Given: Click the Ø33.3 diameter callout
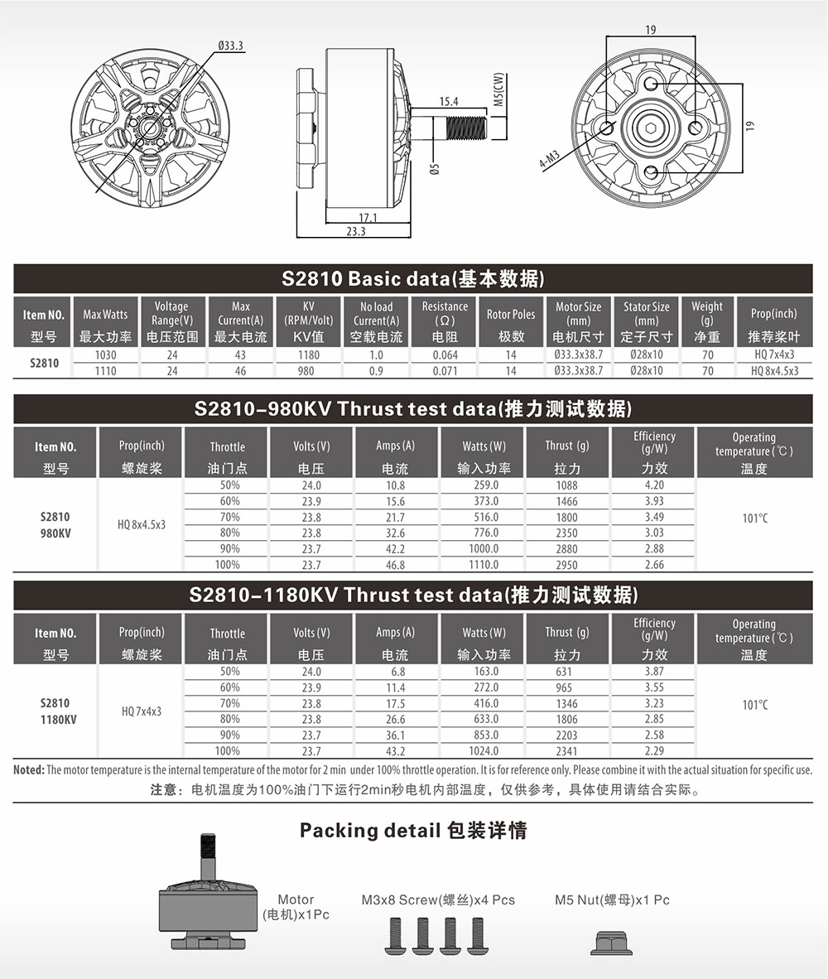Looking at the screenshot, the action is (231, 46).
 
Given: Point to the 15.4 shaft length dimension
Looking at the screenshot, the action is (449, 101).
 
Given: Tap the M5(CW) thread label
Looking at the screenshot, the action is (498, 89).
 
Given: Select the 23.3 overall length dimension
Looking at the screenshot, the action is (356, 231).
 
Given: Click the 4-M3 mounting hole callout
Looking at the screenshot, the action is (550, 159).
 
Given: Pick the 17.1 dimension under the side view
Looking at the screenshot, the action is (368, 218).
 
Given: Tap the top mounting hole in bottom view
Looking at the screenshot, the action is (651, 84).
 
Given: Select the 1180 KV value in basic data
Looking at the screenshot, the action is (308, 354).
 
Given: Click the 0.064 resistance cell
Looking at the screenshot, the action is (445, 354).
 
